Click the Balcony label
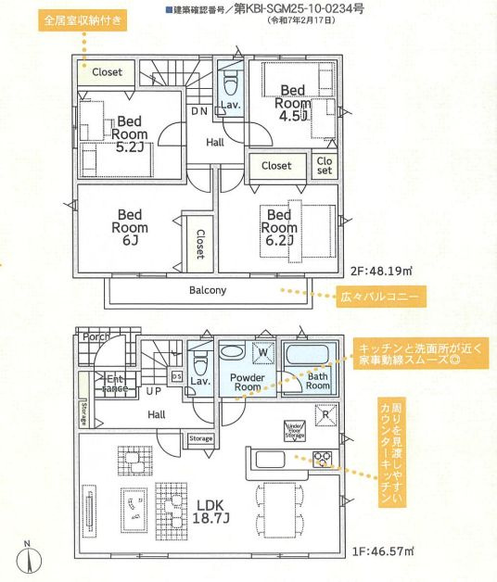pyautogui.click(x=208, y=290)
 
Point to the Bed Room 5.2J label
pyautogui.click(x=130, y=133)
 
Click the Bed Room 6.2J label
pyautogui.click(x=281, y=229)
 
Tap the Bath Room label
pyautogui.click(x=317, y=381)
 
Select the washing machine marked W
pyautogui.click(x=263, y=352)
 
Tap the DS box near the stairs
pyautogui.click(x=177, y=375)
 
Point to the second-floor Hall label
pyautogui.click(x=215, y=142)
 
